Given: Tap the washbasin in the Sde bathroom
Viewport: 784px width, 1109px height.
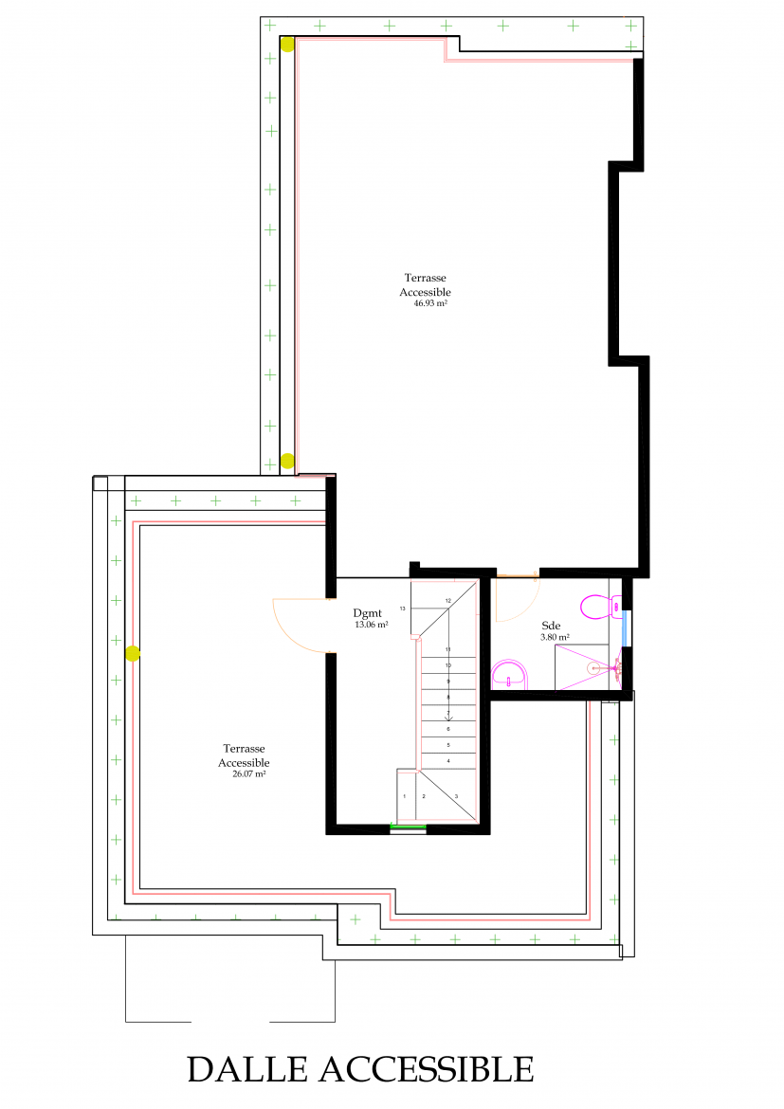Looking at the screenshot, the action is point(509,674).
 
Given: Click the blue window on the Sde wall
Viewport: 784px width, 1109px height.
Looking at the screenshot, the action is point(624,628).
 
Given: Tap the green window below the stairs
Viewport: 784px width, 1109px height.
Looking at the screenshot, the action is point(409,827).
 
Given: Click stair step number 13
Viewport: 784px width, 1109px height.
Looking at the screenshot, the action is point(403,609).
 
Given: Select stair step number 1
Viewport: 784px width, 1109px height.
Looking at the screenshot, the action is point(405,796).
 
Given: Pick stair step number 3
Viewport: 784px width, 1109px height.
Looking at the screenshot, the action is point(456,796).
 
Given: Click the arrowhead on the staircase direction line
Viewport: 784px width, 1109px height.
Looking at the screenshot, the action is point(447,718).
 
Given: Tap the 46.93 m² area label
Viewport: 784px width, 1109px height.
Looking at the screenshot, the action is point(430,303).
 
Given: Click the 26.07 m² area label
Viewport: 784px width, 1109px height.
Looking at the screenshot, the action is point(249,773).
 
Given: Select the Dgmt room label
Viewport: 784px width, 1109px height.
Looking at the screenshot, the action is point(367,613).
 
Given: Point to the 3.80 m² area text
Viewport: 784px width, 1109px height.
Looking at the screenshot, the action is point(555,637).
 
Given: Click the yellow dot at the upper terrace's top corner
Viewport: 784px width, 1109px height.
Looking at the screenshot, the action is point(287,45).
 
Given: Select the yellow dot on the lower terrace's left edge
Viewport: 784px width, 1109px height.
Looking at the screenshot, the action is point(133,653).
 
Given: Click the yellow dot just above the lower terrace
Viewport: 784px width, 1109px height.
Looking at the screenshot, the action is point(287,462).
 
